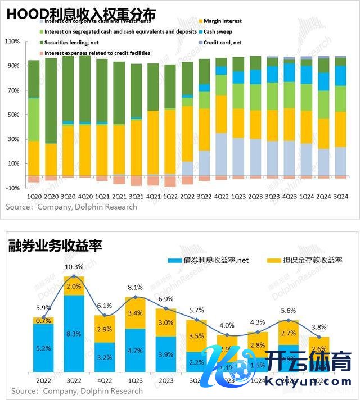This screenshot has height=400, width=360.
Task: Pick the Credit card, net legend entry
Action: coord(222,43)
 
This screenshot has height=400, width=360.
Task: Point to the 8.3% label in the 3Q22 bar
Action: coord(74,334)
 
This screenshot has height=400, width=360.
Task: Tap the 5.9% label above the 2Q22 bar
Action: coord(43,308)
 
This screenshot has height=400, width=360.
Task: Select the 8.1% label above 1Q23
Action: coord(136,287)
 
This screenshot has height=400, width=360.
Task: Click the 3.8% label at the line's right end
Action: coord(319,328)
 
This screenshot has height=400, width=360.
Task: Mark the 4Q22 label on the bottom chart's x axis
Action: coord(105,380)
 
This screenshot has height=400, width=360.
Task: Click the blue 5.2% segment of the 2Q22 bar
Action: coord(43,348)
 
